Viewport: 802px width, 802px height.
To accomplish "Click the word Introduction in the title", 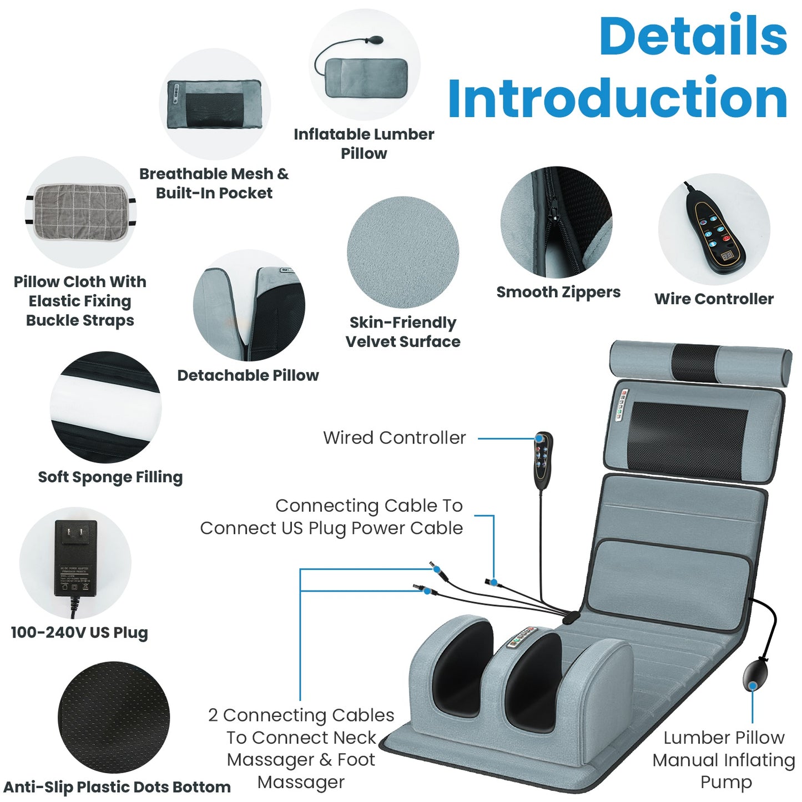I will click(x=617, y=99).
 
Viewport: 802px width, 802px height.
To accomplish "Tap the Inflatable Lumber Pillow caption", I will click(x=364, y=144).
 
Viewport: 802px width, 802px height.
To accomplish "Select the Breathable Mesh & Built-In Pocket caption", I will click(x=214, y=183).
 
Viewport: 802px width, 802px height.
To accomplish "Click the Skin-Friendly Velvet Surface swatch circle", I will click(x=403, y=253).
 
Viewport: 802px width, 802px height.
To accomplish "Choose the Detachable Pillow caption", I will click(x=248, y=376).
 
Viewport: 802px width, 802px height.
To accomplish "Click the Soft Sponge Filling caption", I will click(x=110, y=477).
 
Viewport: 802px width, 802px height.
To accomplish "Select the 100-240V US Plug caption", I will click(x=79, y=633).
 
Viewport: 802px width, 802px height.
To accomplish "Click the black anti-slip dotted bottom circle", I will click(x=114, y=717).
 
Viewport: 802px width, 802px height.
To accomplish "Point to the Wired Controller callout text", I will click(x=395, y=438).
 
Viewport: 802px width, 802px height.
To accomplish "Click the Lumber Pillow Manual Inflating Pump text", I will click(x=724, y=759).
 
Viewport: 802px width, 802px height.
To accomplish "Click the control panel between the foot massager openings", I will click(x=521, y=638).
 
